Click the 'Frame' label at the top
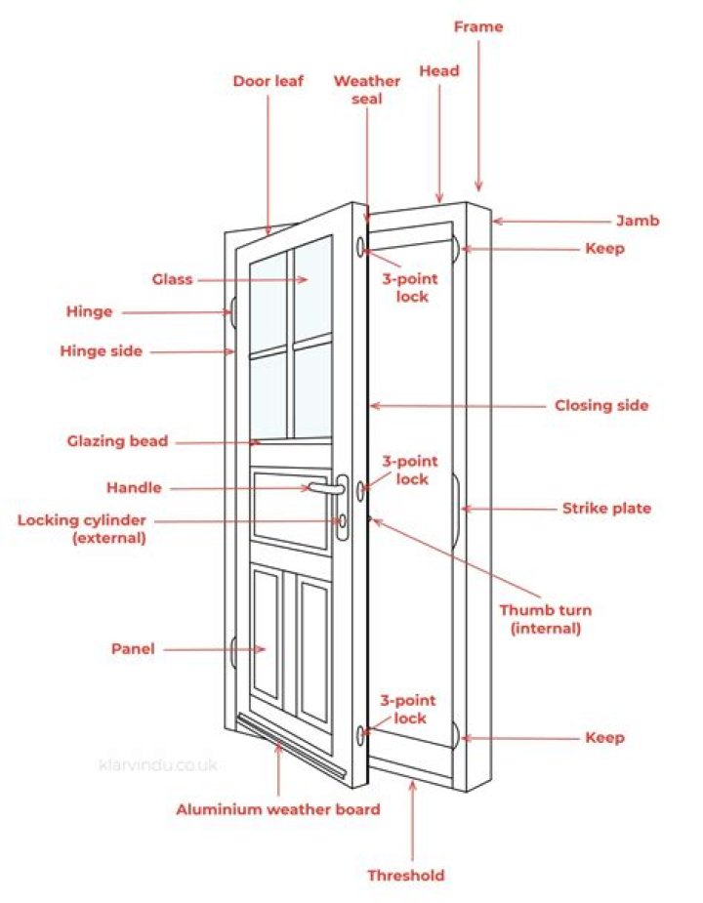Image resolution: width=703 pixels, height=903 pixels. coord(478,26)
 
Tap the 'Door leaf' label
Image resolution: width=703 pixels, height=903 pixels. coord(268,81)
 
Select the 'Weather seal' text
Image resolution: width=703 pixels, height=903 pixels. coord(367,90)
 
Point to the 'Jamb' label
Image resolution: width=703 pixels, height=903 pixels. coord(638,221)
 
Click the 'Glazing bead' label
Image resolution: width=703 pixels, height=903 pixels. coord(117,441)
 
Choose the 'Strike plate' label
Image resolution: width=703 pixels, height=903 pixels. coord(606,508)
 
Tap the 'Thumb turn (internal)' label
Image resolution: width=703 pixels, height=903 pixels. coord(545,619)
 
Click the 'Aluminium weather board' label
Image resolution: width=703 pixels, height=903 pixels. coord(277,809)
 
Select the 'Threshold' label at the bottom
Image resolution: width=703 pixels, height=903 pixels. coord(405,875)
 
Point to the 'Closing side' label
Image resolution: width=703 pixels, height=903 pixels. coord(601,405)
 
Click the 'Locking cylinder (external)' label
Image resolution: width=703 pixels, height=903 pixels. coord(81,528)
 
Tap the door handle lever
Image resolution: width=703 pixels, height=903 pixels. coord(328,485)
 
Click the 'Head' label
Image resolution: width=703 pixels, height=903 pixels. coord(439,70)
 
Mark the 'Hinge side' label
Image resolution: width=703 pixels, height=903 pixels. coord(101,350)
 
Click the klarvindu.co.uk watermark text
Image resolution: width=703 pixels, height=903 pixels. coord(157,765)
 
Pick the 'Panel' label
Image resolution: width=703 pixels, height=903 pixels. coord(133,648)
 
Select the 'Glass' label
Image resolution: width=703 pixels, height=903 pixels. coord(172,279)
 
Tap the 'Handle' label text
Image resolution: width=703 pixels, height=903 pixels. coord(134,487)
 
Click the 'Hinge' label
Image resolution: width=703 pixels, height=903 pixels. coord(89,311)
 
